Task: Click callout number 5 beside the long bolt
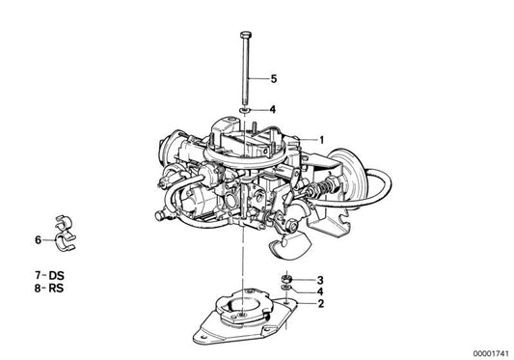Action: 273,78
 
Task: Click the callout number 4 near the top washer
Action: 273,110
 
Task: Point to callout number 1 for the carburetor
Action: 323,139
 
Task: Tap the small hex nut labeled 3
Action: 286,280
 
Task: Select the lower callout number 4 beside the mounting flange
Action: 319,291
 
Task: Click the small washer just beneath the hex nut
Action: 286,291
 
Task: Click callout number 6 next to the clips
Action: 38,238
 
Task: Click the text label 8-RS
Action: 41,289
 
